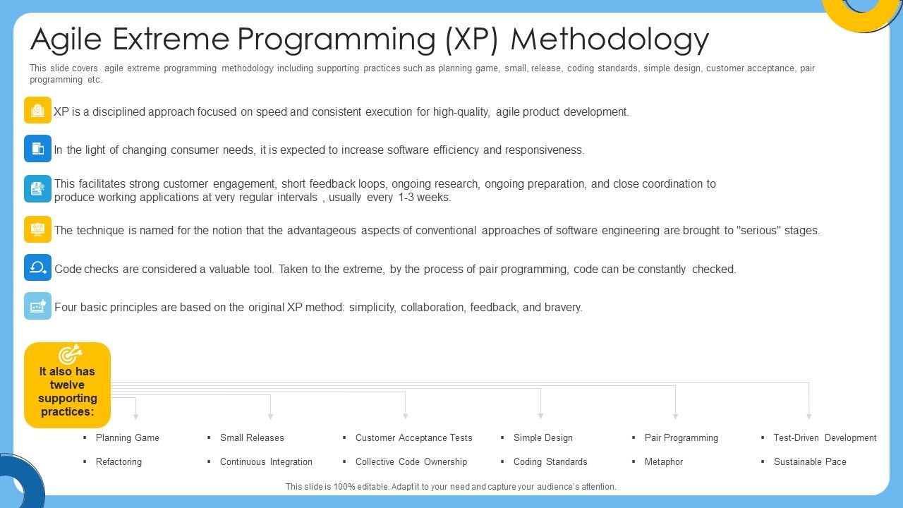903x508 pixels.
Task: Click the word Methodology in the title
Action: click(x=610, y=40)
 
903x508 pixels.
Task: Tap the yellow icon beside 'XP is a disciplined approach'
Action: click(x=37, y=111)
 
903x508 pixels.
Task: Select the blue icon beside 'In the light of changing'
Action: click(x=37, y=149)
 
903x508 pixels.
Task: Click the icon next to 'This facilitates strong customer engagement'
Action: click(x=37, y=189)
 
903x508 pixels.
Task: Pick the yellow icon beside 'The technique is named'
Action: click(x=37, y=229)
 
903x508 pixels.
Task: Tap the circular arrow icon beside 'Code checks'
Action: click(x=37, y=268)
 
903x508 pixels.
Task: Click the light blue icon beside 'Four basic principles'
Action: click(x=37, y=306)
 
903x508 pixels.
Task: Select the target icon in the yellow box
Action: click(x=68, y=355)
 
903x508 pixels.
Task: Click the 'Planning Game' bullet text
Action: click(x=128, y=437)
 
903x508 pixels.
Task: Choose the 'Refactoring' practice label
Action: click(x=119, y=461)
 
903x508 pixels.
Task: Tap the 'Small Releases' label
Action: click(x=252, y=437)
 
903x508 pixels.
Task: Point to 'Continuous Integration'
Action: click(x=266, y=461)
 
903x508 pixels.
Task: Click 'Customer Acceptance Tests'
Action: click(x=413, y=437)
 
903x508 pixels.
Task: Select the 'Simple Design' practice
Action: click(x=543, y=437)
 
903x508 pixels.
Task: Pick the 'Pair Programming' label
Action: click(x=681, y=437)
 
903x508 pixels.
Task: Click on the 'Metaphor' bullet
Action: click(x=663, y=461)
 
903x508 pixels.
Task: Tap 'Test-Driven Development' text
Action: click(x=825, y=437)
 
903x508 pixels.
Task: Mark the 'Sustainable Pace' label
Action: click(x=810, y=461)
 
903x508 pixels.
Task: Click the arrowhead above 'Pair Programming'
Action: click(x=675, y=416)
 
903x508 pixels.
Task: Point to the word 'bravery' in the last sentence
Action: click(x=562, y=307)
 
